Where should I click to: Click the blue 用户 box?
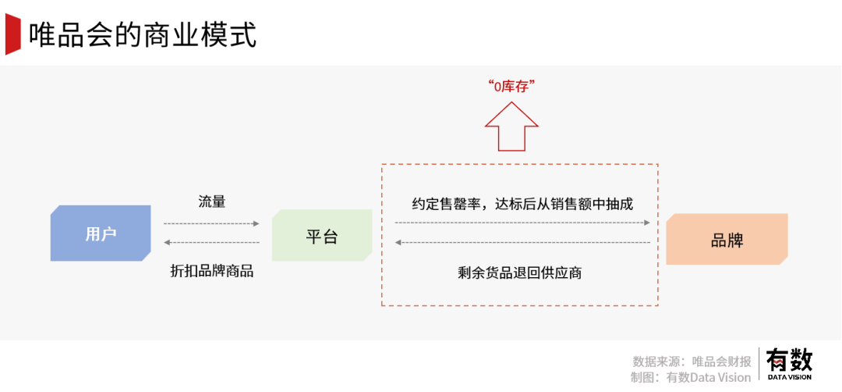point(101,233)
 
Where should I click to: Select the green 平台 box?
point(321,235)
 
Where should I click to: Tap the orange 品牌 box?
point(727,239)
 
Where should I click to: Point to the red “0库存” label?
point(511,87)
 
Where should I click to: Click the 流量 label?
point(212,201)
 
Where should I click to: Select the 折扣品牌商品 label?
point(212,272)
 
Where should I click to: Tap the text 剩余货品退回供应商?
point(520,273)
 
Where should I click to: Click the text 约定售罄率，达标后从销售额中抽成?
point(522,204)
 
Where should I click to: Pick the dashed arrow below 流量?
point(210,223)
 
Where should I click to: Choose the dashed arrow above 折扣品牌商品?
point(210,243)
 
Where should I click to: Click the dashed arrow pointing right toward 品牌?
point(522,223)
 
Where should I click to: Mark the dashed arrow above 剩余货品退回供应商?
point(522,243)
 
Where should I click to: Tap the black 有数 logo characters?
point(789,360)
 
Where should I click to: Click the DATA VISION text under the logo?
point(789,377)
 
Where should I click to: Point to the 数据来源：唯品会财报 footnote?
point(692,361)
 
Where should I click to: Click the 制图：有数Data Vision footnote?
point(691,377)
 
